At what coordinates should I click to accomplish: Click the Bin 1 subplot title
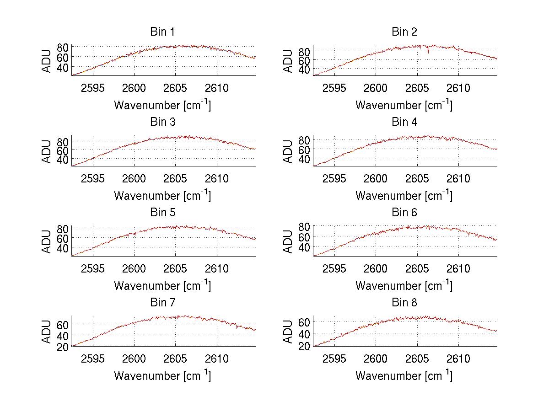[x=162, y=32]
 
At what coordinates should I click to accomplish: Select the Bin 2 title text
[x=404, y=32]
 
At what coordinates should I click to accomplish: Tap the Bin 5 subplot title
[x=162, y=213]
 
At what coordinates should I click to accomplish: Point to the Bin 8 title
[x=404, y=303]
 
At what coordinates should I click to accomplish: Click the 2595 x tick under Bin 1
[x=93, y=88]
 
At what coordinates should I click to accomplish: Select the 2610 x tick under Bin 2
[x=458, y=88]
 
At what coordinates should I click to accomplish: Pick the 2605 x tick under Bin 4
[x=417, y=178]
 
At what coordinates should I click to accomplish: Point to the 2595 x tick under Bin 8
[x=334, y=358]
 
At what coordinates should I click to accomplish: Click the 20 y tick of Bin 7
[x=63, y=347]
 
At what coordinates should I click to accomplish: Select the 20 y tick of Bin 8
[x=305, y=346]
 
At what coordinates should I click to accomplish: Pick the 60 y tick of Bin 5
[x=63, y=238]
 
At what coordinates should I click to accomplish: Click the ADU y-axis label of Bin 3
[x=47, y=150]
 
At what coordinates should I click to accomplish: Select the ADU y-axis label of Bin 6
[x=288, y=241]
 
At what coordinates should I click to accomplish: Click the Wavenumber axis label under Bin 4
[x=404, y=195]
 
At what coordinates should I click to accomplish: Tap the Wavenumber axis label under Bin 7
[x=162, y=376]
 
